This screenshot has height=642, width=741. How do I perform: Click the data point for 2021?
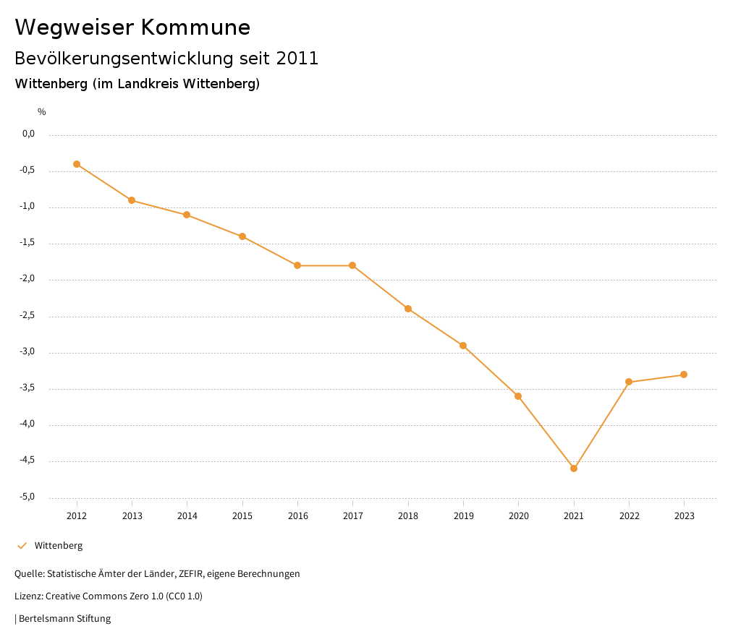(574, 468)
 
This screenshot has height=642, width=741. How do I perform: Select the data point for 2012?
(77, 164)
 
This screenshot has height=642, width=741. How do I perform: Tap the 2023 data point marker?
(684, 374)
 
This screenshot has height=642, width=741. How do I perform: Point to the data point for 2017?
(352, 265)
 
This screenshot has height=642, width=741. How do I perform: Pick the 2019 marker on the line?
(463, 346)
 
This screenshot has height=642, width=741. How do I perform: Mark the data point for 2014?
(187, 215)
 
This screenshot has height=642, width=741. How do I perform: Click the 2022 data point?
(629, 382)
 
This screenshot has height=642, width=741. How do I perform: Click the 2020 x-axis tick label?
(519, 516)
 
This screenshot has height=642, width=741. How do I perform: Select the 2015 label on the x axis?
(242, 516)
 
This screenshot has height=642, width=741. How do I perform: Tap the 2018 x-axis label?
(408, 516)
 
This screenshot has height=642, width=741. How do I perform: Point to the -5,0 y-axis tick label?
(27, 497)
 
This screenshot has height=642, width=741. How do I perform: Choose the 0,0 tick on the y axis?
(29, 134)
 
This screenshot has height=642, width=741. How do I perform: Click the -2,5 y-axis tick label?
(27, 315)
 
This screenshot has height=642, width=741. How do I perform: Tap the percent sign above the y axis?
(42, 112)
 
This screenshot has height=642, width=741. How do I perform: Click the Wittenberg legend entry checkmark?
(22, 546)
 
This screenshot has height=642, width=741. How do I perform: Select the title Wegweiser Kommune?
(132, 27)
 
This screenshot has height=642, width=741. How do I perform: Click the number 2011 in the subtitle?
(297, 59)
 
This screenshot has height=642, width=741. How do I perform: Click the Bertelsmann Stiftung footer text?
(64, 619)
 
